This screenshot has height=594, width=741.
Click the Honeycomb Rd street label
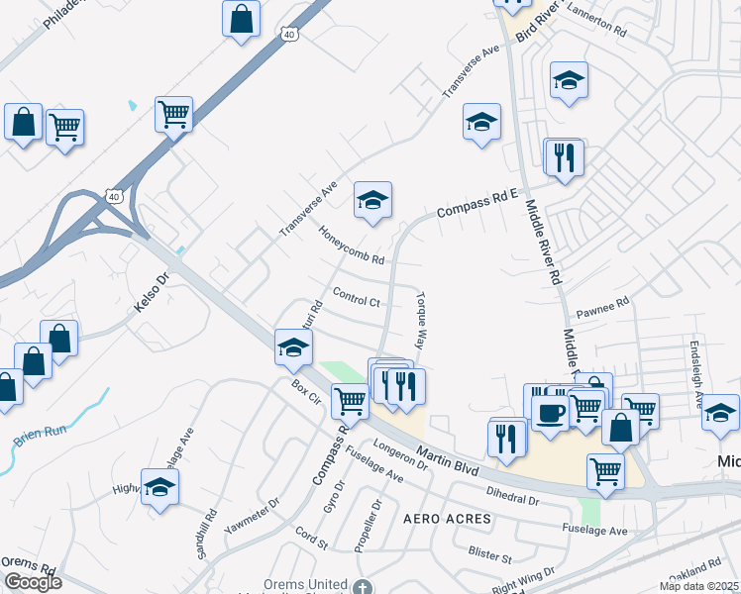352,247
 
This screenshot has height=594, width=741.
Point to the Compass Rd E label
478,203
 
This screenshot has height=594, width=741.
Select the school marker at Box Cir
294,346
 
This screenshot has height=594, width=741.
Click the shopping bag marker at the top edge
242,17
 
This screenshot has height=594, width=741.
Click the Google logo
32,581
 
